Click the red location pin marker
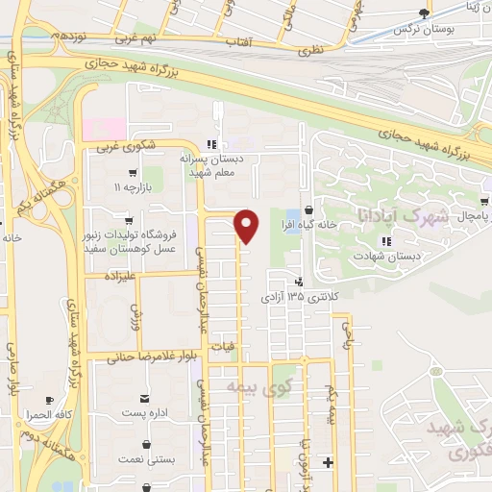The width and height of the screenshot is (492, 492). point(247,226)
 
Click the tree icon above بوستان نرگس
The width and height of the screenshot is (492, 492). point(423,13)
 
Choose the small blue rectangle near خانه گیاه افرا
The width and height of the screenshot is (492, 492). point(291,215)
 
